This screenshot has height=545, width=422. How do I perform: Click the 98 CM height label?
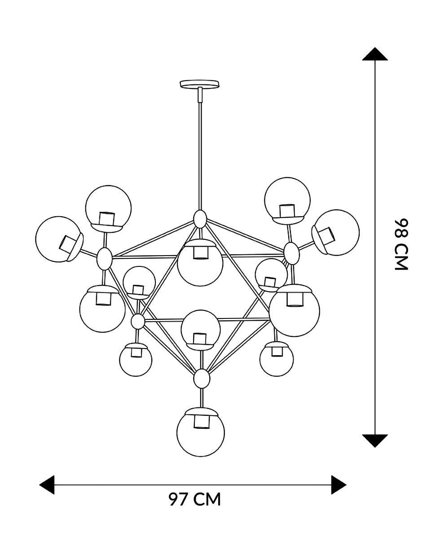coord(401,244)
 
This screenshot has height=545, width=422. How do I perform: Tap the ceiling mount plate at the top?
coord(199,84)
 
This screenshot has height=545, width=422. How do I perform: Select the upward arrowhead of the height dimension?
coord(375,54)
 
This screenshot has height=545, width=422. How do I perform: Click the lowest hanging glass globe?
coord(201,433)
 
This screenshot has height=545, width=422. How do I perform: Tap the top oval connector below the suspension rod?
coord(200,219)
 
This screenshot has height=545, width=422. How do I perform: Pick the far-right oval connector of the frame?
coord(291,253)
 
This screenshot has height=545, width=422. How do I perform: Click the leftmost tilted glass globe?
coord(59,239)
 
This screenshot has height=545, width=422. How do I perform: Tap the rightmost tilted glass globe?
coord(335,232)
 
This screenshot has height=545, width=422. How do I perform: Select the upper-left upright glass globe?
coord(108,209)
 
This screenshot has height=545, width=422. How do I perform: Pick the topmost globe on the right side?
coord(287,201)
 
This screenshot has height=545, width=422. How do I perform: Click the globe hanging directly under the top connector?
coord(200,262)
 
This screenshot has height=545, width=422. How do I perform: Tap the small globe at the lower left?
coord(136,360)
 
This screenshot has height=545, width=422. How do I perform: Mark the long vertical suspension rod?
coord(200,149)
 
